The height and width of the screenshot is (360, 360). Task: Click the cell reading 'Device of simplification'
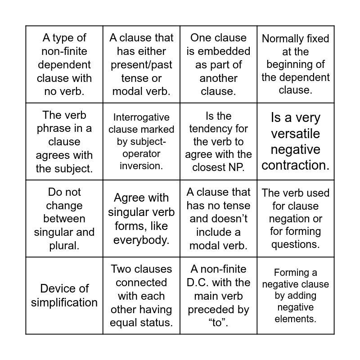pyautogui.click(x=64, y=295)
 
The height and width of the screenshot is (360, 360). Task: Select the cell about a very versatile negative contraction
pyautogui.click(x=296, y=141)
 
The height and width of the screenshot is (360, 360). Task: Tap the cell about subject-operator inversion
pyautogui.click(x=141, y=141)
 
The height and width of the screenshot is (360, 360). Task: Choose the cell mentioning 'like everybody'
pyautogui.click(x=141, y=219)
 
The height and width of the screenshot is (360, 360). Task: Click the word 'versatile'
pyautogui.click(x=296, y=134)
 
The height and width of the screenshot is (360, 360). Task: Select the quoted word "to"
pyautogui.click(x=218, y=323)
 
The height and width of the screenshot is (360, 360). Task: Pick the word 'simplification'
pyautogui.click(x=64, y=302)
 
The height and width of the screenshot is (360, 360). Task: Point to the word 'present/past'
pyautogui.click(x=141, y=65)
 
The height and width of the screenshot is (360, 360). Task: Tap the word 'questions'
pyautogui.click(x=296, y=244)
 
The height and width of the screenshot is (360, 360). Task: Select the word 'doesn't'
pyautogui.click(x=218, y=219)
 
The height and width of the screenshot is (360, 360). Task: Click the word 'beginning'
pyautogui.click(x=296, y=64)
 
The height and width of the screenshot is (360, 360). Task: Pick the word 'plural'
pyautogui.click(x=64, y=246)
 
